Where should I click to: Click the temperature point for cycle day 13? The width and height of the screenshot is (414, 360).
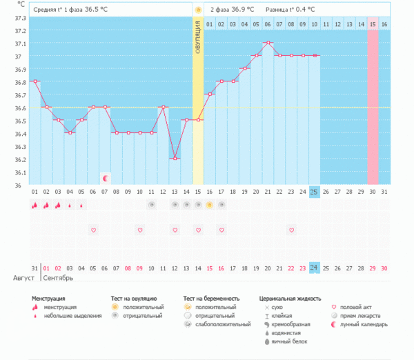point(175,159)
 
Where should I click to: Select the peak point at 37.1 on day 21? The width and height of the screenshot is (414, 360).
point(268,43)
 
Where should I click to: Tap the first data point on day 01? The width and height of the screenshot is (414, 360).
point(34,81)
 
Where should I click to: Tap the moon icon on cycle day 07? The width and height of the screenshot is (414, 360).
point(105,178)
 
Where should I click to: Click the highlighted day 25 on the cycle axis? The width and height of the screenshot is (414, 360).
point(314,191)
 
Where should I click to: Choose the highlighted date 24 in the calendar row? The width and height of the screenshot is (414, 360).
point(314,268)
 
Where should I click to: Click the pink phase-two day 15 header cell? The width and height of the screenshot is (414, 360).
point(373,24)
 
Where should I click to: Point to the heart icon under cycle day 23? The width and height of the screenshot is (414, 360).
point(291,230)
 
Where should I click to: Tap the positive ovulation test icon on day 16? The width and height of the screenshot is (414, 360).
point(209,205)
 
